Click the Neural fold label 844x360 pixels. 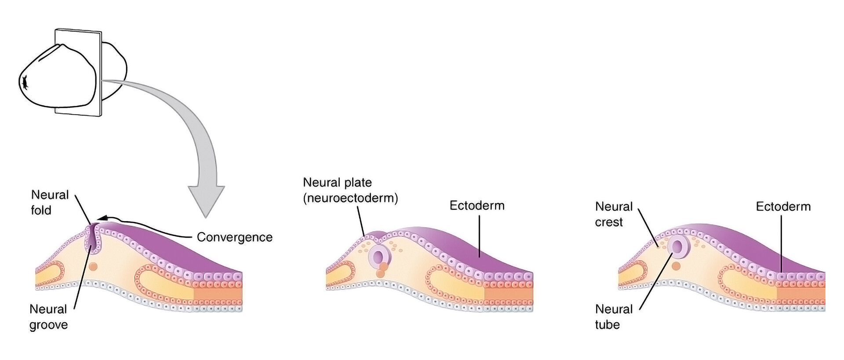[x=50, y=202]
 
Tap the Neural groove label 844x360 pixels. [x=48, y=317]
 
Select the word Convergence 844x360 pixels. [x=234, y=237]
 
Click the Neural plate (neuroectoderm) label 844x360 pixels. [x=350, y=190]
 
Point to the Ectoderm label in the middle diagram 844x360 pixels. [x=477, y=206]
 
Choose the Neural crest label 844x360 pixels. [x=614, y=214]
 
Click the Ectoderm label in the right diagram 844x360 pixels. [x=783, y=207]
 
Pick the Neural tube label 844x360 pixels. [x=614, y=317]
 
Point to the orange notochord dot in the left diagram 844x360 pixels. [x=93, y=266]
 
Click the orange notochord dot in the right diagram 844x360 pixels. [x=676, y=266]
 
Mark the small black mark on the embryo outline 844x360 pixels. [x=25, y=82]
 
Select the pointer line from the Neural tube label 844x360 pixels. [x=655, y=281]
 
